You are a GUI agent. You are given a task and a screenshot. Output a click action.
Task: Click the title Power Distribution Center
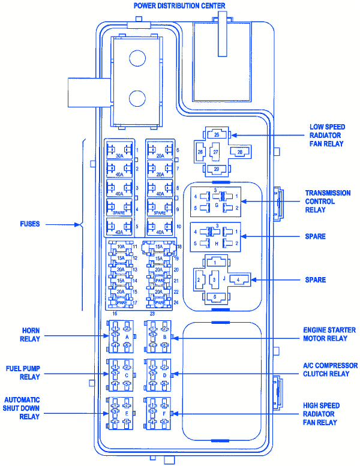tap(179, 6)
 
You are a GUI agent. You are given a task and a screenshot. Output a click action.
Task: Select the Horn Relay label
tap(31, 335)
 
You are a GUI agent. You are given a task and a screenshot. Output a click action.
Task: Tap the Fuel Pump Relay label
tap(23, 372)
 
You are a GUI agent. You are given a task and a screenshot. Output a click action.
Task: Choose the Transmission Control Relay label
tap(328, 202)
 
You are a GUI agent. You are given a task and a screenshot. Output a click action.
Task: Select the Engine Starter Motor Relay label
tap(329, 334)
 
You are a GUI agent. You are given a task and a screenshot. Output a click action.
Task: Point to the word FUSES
tap(29, 224)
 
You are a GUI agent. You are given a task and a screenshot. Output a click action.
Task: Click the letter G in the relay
tap(215, 205)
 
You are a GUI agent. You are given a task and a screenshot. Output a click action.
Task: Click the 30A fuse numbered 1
tap(120, 150)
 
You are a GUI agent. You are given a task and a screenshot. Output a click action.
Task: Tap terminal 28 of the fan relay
tap(239, 152)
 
